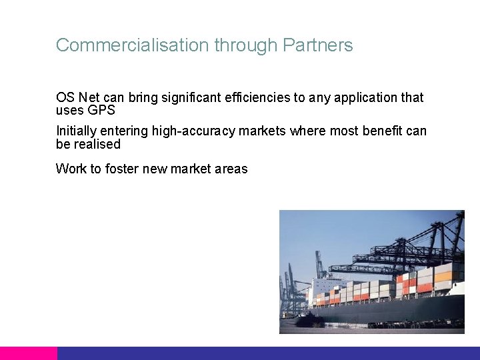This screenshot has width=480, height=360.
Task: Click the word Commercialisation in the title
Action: tap(133, 45)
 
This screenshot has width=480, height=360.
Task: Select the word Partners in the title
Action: tap(317, 45)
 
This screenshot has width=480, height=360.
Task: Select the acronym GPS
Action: tap(101, 110)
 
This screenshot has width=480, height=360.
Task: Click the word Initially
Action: tap(76, 131)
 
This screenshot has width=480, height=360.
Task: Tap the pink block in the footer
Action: tap(29, 353)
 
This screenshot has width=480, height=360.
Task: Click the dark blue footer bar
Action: tap(267, 353)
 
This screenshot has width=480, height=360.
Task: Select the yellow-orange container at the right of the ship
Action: tap(443, 274)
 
